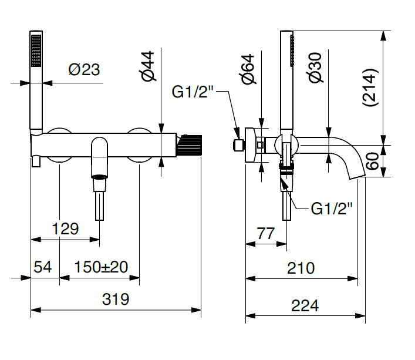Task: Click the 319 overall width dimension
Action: coord(116,299)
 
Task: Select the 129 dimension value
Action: coord(65,228)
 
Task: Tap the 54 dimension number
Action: coord(43,267)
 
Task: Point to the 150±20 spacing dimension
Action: coord(101,267)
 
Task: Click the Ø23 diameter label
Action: coord(84,70)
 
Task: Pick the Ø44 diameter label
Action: coord(148,66)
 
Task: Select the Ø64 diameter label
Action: coord(248,69)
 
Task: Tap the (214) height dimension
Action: coord(370,88)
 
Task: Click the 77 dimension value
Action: coord(266,233)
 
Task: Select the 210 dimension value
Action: coord(301,268)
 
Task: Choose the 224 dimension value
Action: coord(305,305)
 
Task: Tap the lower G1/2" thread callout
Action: coord(332,208)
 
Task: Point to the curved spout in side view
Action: coord(346,154)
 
